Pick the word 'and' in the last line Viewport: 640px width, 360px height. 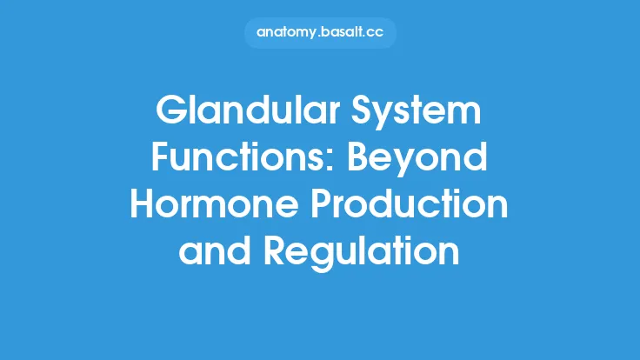(210, 252)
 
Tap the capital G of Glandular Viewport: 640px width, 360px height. (170, 113)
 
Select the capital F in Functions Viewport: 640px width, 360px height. (161, 159)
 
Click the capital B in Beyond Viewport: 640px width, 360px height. (350, 159)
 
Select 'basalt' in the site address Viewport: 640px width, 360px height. (343, 33)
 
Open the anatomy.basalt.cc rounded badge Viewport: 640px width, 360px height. (320, 33)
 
